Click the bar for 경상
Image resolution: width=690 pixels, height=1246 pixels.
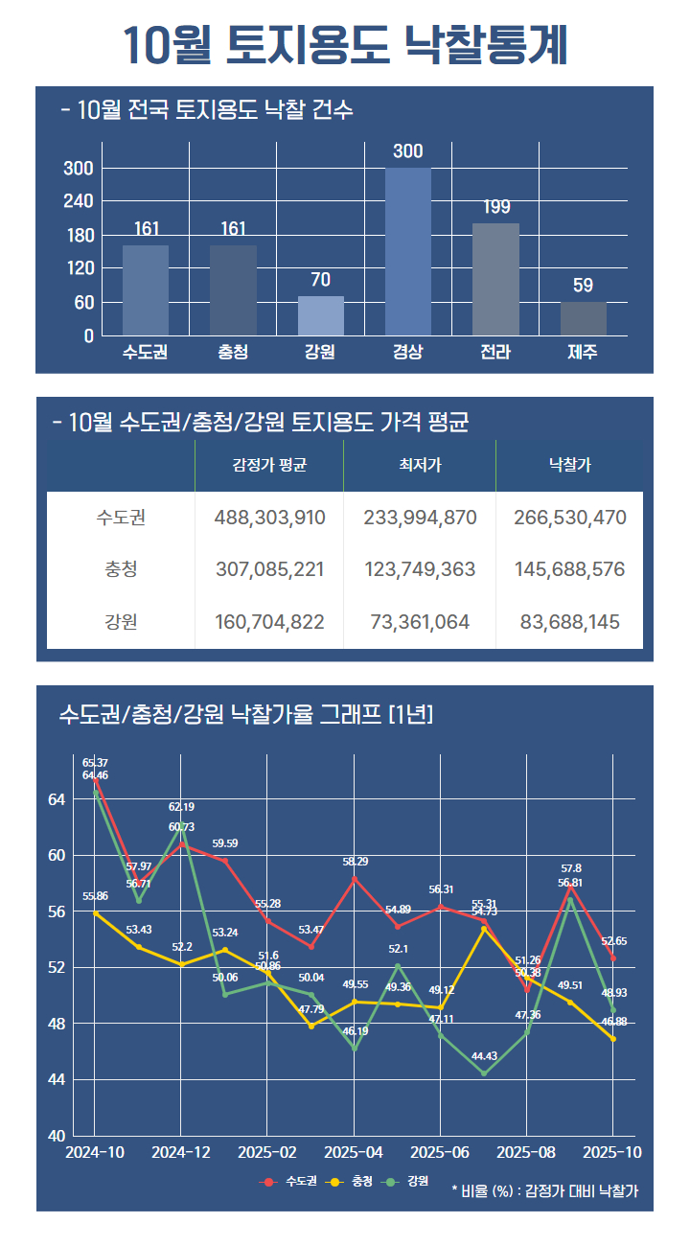click(x=407, y=251)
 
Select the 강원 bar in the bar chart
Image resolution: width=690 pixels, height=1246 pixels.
click(x=320, y=315)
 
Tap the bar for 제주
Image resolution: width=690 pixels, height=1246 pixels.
click(x=583, y=318)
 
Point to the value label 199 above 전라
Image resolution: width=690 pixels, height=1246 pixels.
click(x=496, y=207)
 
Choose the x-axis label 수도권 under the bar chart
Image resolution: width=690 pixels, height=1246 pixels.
click(x=146, y=352)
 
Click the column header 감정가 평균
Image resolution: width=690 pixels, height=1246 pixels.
click(x=269, y=466)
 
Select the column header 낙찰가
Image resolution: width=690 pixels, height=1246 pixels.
click(x=569, y=466)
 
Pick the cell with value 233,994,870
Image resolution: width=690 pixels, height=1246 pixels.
click(x=420, y=518)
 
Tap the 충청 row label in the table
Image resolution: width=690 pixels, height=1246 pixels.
click(x=121, y=569)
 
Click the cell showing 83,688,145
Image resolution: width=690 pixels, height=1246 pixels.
click(x=569, y=622)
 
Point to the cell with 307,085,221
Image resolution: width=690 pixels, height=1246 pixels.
click(x=269, y=569)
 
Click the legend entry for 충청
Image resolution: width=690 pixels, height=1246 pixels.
click(x=352, y=1181)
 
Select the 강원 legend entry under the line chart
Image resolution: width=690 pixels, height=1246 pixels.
click(x=407, y=1181)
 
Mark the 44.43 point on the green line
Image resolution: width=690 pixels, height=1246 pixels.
click(x=484, y=1073)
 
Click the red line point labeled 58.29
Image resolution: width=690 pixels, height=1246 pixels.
click(x=355, y=878)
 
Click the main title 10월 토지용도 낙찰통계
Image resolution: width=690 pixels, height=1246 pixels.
click(x=345, y=45)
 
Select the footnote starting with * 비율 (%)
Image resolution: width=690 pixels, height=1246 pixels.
click(x=544, y=1191)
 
